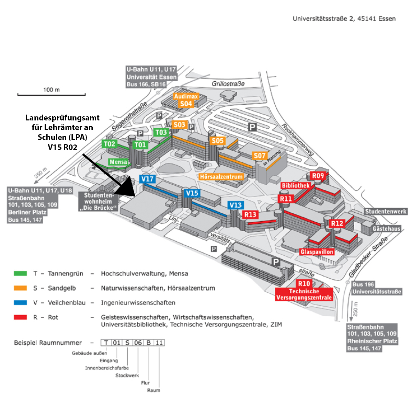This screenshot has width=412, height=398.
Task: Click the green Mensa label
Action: pos(118,162)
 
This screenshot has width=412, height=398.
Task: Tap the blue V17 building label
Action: pos(147,179)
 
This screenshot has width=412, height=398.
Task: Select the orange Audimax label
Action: pos(186,96)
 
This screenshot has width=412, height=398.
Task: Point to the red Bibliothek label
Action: pos(296,186)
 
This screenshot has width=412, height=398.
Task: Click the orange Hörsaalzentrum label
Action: pos(221,177)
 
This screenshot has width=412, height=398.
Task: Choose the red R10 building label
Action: pos(304,283)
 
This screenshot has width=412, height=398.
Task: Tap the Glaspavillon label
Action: pos(317,252)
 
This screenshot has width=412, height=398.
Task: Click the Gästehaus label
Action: pos(386,229)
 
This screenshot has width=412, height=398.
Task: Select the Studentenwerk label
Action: pos(386,211)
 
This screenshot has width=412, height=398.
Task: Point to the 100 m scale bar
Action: pos(51,95)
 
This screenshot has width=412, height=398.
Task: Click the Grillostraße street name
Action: pos(228,84)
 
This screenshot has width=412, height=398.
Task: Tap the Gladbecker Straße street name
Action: pos(368,257)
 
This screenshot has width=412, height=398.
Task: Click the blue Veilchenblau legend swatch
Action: pos(20,303)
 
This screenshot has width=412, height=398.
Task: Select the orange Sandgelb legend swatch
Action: pos(20,288)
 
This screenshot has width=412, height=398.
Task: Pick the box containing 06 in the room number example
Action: pos(138,342)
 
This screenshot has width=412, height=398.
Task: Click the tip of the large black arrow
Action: pos(135,196)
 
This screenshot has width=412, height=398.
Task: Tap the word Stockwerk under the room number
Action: pos(127,375)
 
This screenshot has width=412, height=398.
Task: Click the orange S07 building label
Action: pos(260,156)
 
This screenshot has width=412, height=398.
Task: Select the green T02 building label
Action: pos(109,144)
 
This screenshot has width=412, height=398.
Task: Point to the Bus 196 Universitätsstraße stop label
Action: pos(376,288)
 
